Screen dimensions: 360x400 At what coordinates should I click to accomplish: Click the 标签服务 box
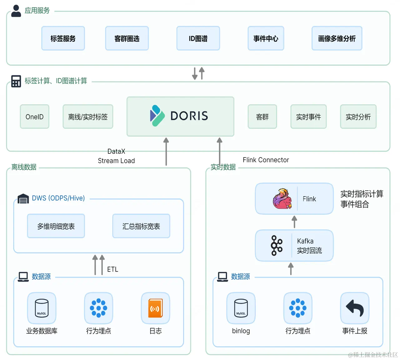[x=63, y=38]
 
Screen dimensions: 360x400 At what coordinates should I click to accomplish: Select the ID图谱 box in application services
[x=198, y=38]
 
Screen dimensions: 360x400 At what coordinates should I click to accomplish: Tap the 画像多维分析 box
[x=337, y=38]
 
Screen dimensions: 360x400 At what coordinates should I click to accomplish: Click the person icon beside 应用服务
[x=16, y=11]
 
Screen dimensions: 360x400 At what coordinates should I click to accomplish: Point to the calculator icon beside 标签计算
[x=16, y=81]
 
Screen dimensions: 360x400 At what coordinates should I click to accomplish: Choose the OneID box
[x=34, y=117]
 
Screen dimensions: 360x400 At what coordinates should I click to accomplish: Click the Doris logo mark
[x=157, y=116]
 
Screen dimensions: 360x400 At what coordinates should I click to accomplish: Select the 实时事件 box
[x=308, y=117]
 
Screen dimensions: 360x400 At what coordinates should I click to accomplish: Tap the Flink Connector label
[x=266, y=160]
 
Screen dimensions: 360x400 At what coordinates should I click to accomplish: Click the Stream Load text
[x=116, y=161]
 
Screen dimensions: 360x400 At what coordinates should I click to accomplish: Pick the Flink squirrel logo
[x=282, y=199]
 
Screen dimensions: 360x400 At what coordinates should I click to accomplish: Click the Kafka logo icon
[x=277, y=246]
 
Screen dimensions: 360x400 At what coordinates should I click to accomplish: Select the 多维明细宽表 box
[x=56, y=226]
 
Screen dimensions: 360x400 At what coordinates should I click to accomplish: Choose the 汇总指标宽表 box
[x=141, y=226]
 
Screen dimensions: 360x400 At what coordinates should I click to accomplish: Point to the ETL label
[x=112, y=269]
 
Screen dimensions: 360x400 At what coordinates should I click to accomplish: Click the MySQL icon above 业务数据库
[x=42, y=308]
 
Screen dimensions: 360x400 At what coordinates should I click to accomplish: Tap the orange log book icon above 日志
[x=156, y=308]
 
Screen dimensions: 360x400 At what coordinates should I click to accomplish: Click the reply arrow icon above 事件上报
[x=355, y=308]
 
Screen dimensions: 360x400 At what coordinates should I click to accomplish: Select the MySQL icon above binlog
[x=241, y=308]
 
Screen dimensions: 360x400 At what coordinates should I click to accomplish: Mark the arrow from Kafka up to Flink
[x=294, y=222]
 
